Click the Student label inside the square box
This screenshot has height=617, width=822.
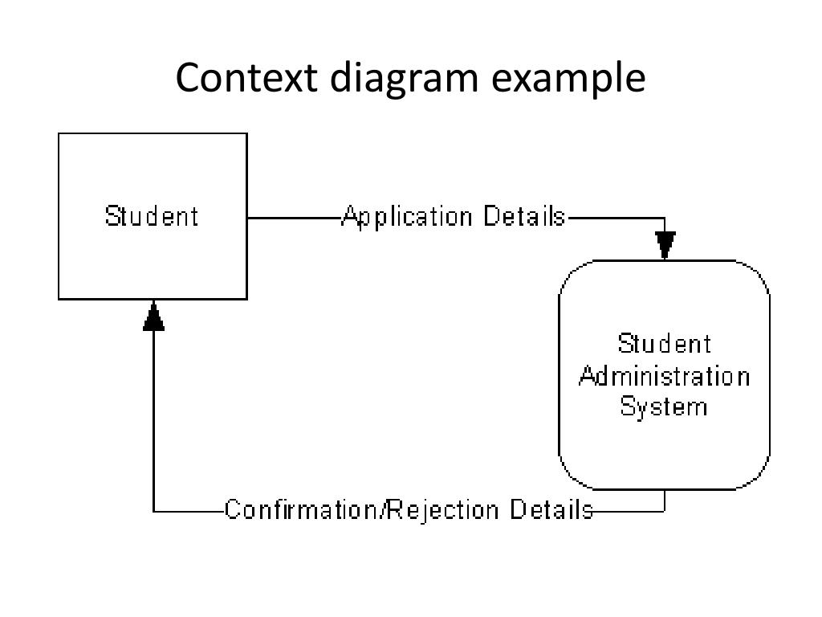152,217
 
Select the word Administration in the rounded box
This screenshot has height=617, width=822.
665,376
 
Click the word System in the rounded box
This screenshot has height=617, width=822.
665,407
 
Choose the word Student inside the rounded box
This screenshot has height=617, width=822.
665,345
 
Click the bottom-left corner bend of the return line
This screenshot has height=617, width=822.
153,510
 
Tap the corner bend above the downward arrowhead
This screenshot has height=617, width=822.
665,218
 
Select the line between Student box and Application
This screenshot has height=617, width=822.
294,218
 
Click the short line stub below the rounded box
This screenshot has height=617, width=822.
665,500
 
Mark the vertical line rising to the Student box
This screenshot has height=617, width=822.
153,418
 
